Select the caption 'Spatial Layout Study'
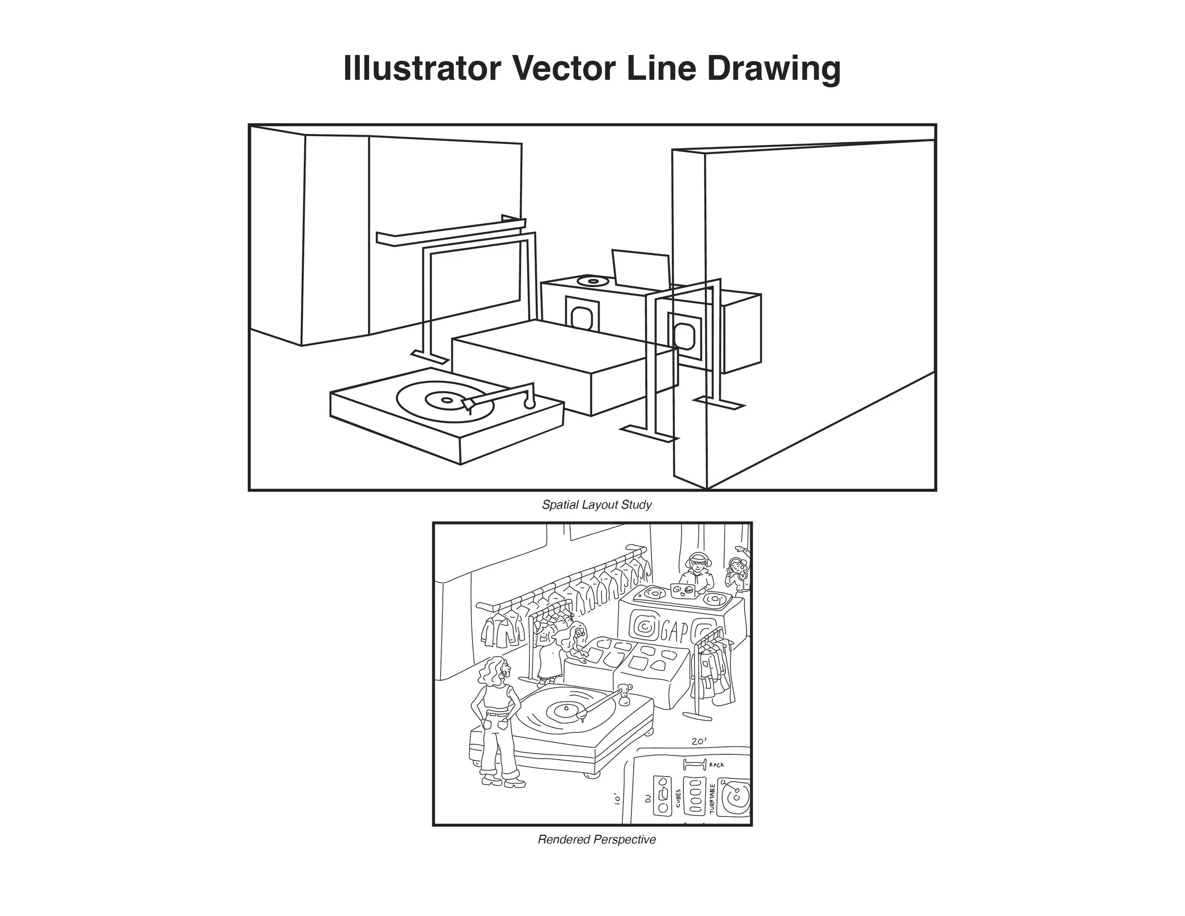(x=596, y=504)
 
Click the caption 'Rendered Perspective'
(x=596, y=840)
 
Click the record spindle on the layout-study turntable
(x=447, y=401)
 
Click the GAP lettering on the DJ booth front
(x=676, y=631)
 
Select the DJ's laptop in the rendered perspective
(x=683, y=590)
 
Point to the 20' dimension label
(x=699, y=741)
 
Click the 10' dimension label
(x=617, y=799)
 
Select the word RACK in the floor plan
(x=716, y=765)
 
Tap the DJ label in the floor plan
(x=647, y=799)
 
